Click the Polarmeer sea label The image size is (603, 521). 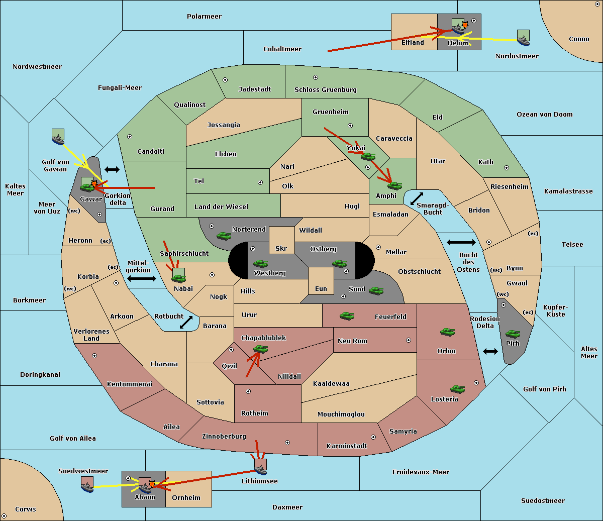point(204,17)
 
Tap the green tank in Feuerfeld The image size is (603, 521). point(347,316)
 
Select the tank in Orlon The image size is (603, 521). point(447,332)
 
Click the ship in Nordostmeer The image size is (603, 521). point(524,38)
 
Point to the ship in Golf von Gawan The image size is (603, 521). point(58,137)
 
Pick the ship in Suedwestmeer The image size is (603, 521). point(87,484)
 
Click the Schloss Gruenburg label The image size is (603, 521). point(326,89)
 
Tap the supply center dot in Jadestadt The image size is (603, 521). point(225,80)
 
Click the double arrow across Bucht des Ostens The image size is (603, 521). point(461,242)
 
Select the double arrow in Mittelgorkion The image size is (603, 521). point(142,278)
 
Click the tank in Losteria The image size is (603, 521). point(457,389)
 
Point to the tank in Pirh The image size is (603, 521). point(513,334)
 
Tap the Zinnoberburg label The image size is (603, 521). point(224,437)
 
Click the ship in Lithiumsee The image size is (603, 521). point(260,467)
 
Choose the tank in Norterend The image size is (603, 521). point(224,236)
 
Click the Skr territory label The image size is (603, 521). point(281,248)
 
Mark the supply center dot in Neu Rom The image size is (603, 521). point(409,340)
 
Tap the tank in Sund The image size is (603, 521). point(376,290)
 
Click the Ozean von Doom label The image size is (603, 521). point(545,115)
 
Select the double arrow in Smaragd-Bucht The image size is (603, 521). point(417,198)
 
